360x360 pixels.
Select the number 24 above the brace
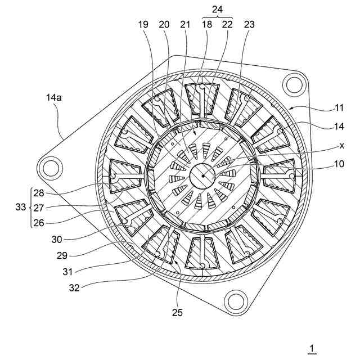217,8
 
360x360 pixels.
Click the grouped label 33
21,208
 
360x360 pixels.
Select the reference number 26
39,222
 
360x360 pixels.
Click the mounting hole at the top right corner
293,85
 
